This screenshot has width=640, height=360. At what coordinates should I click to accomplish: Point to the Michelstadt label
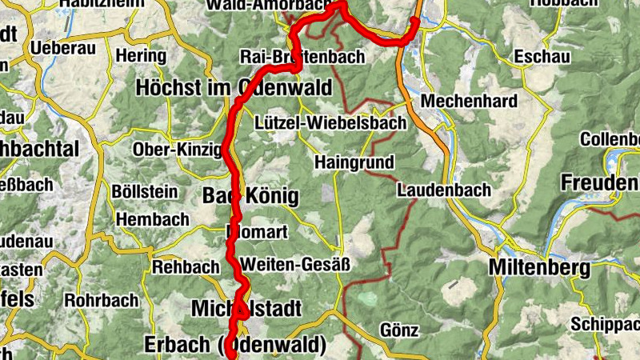pos(246,308)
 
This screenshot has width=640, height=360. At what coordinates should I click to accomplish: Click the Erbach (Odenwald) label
pos(235,345)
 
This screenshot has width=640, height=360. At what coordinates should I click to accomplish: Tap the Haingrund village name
pos(354,162)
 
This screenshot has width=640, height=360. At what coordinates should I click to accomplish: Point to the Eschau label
pos(543,57)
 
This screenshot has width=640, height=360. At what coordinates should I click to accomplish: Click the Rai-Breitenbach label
pos(302,57)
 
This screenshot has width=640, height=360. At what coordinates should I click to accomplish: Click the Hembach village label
pos(153,219)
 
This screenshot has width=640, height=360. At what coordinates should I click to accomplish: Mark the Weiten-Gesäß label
pos(295,263)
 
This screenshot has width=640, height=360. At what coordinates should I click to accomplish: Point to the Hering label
pos(140,56)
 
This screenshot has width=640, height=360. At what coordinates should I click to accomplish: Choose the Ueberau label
pos(63,47)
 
